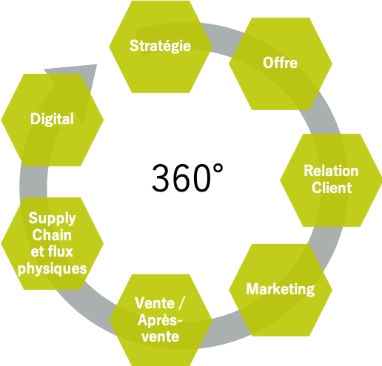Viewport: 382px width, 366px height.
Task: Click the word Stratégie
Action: coord(161,46)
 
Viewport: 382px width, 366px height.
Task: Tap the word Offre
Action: coord(280,63)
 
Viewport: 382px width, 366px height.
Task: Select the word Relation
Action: coord(331,171)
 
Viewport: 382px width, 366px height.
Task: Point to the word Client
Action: coord(332,188)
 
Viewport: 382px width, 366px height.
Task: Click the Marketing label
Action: coord(281,289)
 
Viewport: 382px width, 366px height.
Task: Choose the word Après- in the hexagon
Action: coord(160,320)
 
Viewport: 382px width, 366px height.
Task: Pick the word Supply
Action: coord(52,219)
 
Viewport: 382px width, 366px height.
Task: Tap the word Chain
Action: coord(52,235)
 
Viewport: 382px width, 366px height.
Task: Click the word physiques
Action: coord(53,268)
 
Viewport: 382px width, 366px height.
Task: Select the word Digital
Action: coord(52,119)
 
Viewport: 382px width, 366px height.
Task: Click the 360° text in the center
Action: coord(187,177)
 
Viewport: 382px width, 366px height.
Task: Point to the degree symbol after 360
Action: coord(218,169)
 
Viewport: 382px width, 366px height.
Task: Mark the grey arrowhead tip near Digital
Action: coord(96,64)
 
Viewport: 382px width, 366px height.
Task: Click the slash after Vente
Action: coord(181,303)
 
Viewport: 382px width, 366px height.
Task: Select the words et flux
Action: coord(52,251)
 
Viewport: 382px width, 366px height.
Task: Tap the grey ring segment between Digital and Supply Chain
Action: coord(33,182)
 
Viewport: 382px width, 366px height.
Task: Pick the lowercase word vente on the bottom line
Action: coord(161,336)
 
